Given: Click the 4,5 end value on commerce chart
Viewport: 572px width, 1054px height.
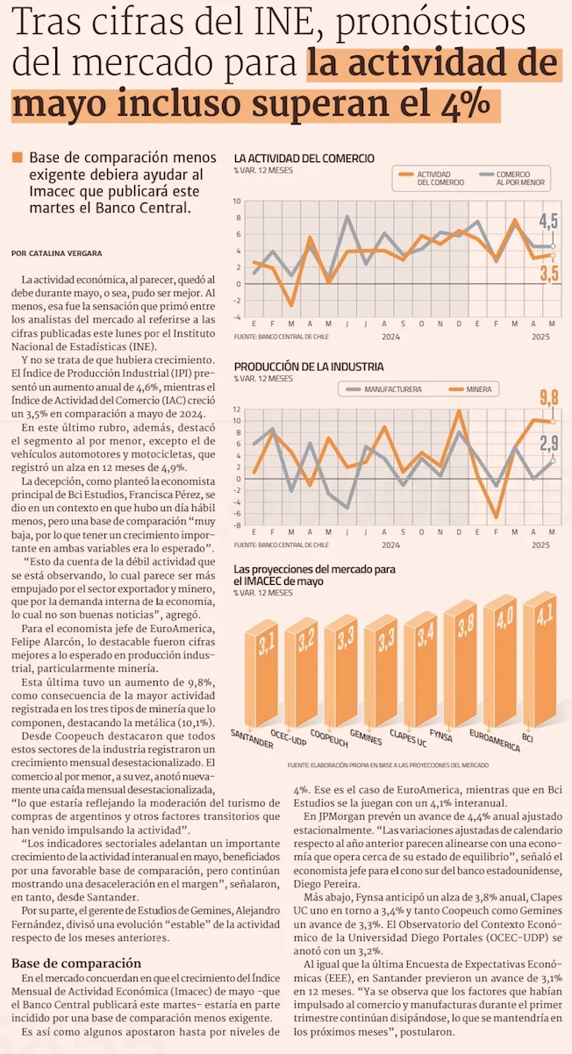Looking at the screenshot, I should pos(548,221).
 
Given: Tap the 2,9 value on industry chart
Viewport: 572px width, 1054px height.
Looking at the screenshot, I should pos(549,443).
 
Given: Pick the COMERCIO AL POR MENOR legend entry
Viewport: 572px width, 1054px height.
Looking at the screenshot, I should pos(521,179).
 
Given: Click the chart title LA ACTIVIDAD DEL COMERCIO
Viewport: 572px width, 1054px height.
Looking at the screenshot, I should pos(304,158).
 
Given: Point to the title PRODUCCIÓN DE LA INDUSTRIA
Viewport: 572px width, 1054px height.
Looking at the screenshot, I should pos(308,367).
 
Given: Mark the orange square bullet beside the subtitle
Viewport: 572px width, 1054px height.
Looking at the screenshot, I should pos(17,158).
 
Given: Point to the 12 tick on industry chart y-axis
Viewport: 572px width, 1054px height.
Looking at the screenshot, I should pos(237,409).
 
